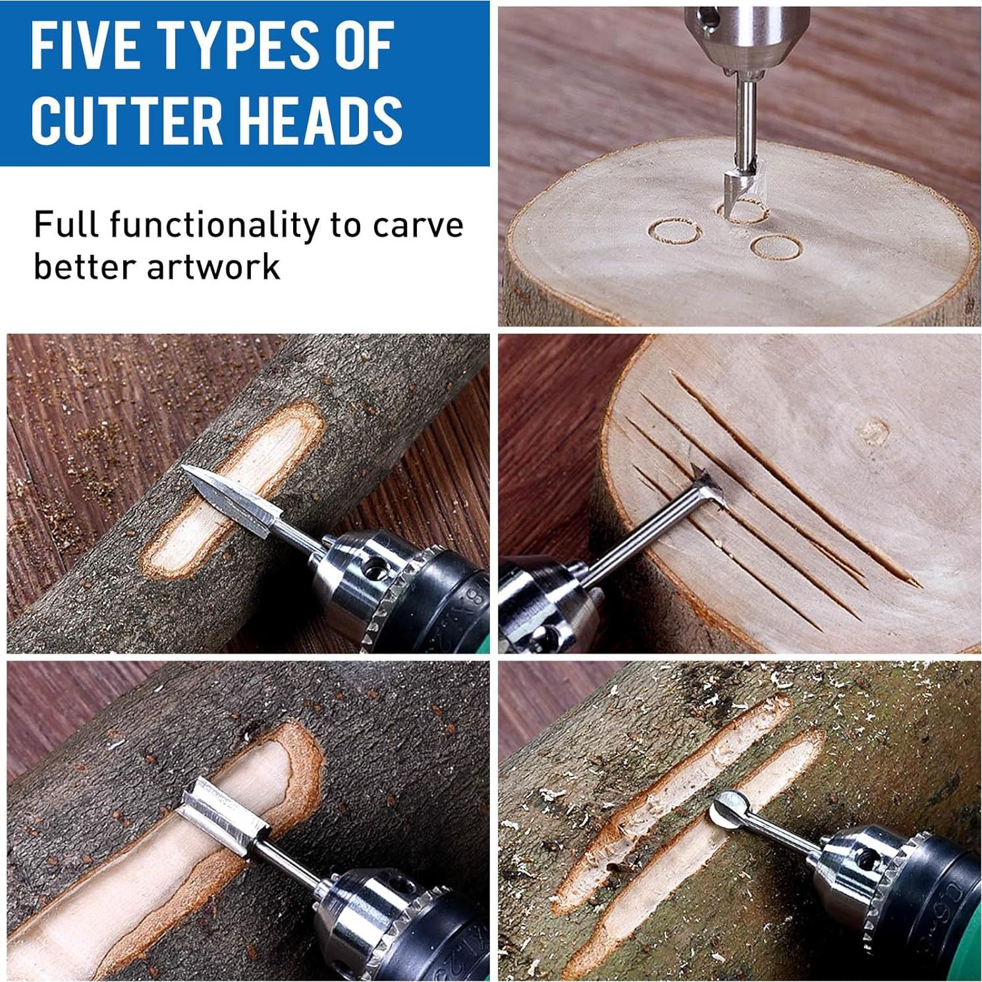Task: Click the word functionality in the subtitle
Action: click(x=215, y=226)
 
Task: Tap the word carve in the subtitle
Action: click(x=418, y=226)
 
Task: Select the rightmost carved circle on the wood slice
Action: click(x=776, y=247)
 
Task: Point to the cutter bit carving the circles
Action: click(x=738, y=188)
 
